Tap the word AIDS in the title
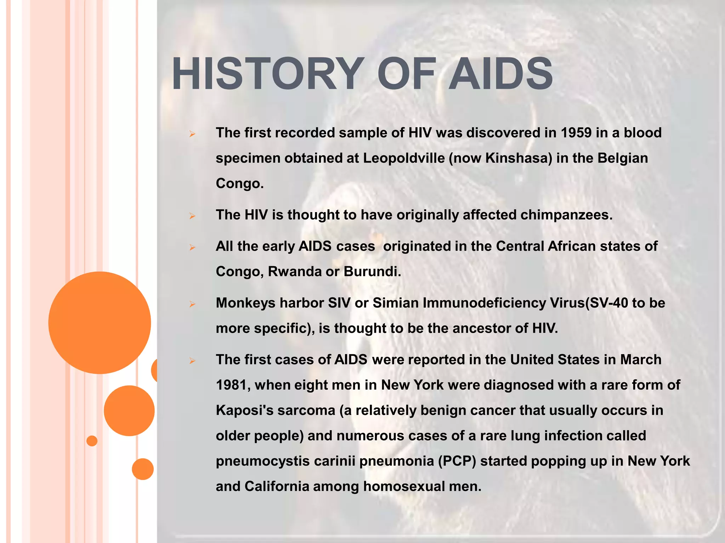point(501,74)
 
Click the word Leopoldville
point(404,158)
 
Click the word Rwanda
point(295,271)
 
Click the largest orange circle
point(100,322)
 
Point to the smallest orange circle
point(92,441)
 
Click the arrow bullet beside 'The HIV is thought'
point(192,216)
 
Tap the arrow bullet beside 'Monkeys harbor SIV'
point(192,304)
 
